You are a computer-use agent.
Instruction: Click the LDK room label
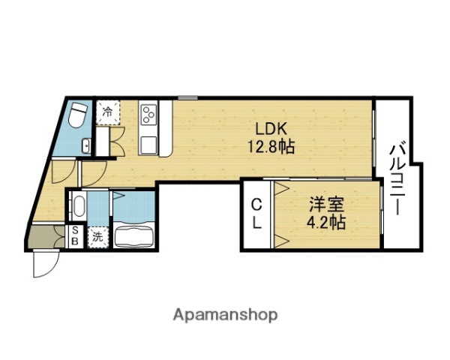point(271,127)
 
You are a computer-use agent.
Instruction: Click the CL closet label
point(256,213)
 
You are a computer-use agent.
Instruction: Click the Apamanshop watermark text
point(226,314)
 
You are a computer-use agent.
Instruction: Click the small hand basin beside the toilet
point(86,145)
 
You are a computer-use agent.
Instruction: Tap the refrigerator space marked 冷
point(108,112)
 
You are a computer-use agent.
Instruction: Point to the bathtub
point(133,235)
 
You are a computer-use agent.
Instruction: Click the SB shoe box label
point(76,237)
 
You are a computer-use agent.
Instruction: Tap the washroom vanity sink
point(77,205)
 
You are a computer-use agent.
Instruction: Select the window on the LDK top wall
point(188,97)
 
